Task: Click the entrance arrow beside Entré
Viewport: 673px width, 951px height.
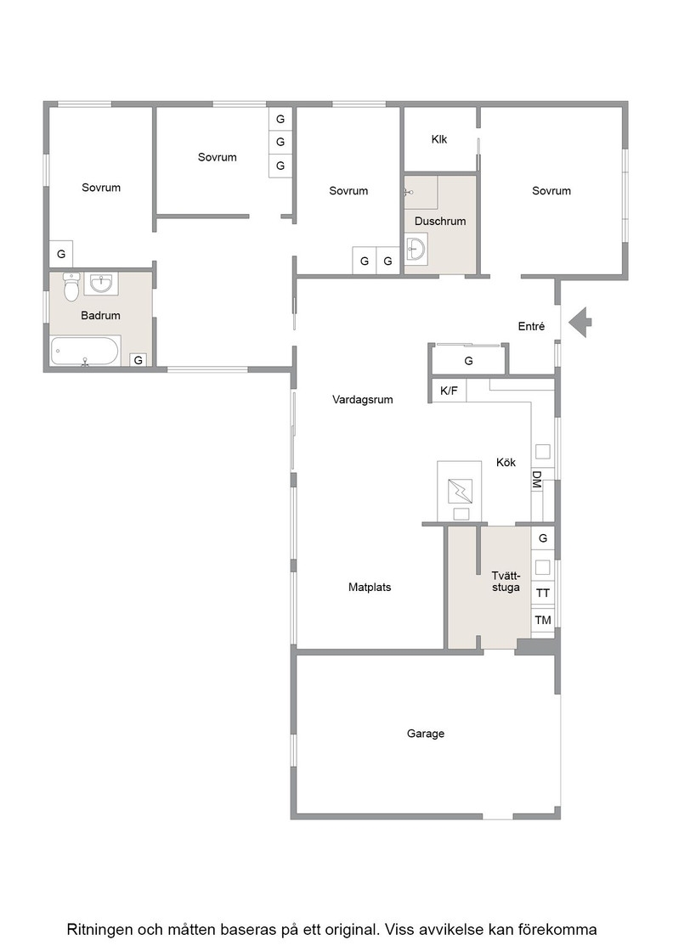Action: pyautogui.click(x=580, y=322)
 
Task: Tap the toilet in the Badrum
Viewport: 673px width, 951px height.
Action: pyautogui.click(x=71, y=287)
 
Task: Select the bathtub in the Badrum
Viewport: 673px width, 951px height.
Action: pyautogui.click(x=86, y=351)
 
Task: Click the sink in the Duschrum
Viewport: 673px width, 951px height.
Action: pyautogui.click(x=416, y=249)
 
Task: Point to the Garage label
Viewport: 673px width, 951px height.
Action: pyautogui.click(x=426, y=734)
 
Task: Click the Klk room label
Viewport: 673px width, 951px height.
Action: pyautogui.click(x=438, y=139)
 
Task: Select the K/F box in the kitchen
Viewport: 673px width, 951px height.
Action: pyautogui.click(x=449, y=391)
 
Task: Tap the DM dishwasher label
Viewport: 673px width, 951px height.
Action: pyautogui.click(x=536, y=480)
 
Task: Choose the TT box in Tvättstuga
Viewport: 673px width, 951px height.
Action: pyautogui.click(x=543, y=593)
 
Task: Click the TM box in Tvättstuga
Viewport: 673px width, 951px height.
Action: pyautogui.click(x=543, y=620)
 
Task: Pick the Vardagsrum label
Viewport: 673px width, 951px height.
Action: pyautogui.click(x=362, y=400)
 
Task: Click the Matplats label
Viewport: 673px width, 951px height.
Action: pyautogui.click(x=370, y=587)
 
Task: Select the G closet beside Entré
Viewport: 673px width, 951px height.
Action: pyautogui.click(x=468, y=361)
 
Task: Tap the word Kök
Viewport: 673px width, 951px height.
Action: pyautogui.click(x=506, y=462)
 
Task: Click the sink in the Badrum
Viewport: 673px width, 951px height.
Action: pyautogui.click(x=101, y=284)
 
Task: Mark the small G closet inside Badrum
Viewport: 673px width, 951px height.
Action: pyautogui.click(x=139, y=360)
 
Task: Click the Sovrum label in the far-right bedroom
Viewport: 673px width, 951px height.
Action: pyautogui.click(x=551, y=191)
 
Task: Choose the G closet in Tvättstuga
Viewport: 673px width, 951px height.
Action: pyautogui.click(x=543, y=538)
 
